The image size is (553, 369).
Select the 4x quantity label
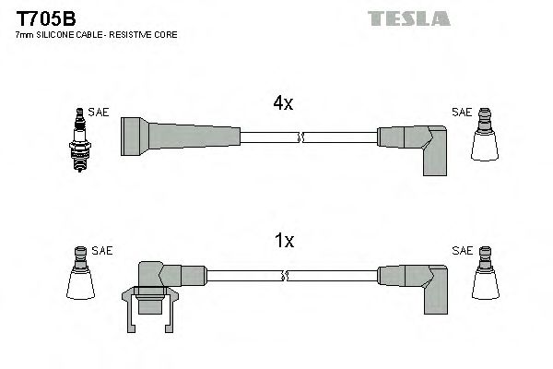coord(282,104)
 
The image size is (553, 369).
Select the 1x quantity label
coord(284,242)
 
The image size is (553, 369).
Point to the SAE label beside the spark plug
coord(99,113)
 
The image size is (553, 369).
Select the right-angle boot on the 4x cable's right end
coord(415,148)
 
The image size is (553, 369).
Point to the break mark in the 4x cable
coord(300,137)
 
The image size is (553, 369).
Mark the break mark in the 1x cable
coord(288,275)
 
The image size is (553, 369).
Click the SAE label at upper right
coord(461,113)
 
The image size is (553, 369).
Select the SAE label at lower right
coord(461,250)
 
